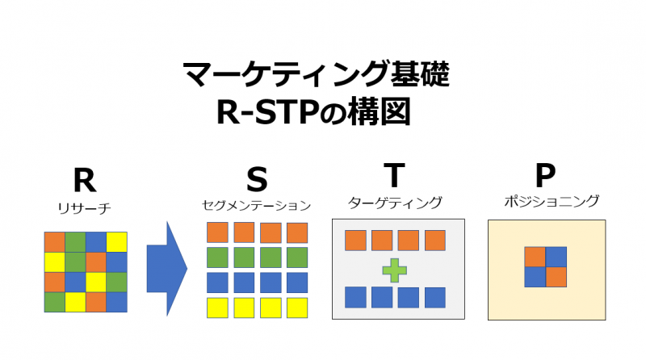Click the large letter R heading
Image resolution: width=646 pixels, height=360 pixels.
(x=84, y=178)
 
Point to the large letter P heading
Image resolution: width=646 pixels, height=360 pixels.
(x=545, y=174)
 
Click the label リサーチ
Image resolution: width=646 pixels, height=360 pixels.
(x=84, y=208)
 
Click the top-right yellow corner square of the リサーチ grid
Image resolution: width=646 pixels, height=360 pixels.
(x=116, y=241)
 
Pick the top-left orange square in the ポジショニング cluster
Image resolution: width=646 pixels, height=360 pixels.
(x=535, y=257)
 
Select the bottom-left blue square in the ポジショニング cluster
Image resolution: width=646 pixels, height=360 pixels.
(x=535, y=277)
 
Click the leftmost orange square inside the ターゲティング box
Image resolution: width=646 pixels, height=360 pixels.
(x=355, y=241)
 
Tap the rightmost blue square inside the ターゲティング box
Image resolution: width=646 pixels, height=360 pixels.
(x=435, y=297)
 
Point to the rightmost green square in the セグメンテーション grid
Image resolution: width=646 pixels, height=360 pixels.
(x=297, y=257)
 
